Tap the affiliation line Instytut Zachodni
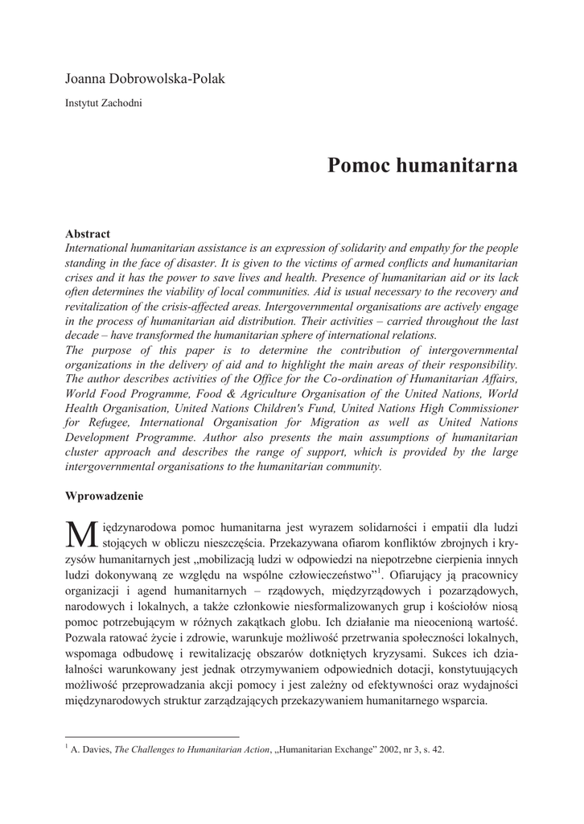[x=103, y=103]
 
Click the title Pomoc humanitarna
[x=422, y=167]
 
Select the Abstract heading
[x=87, y=234]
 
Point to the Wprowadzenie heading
[x=104, y=496]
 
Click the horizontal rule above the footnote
[x=152, y=735]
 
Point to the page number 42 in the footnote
[x=438, y=750]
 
